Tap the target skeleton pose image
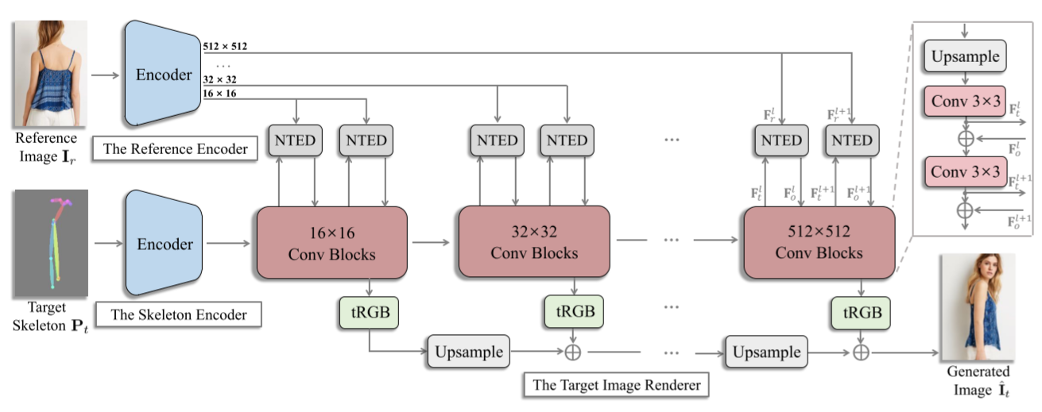(x=49, y=243)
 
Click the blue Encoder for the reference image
(x=162, y=74)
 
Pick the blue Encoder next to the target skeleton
(x=162, y=243)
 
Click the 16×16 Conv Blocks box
(x=331, y=242)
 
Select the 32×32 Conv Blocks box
(x=534, y=242)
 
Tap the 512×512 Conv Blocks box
(x=819, y=242)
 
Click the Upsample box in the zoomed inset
(x=964, y=57)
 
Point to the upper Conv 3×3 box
(x=964, y=102)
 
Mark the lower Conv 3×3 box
(x=964, y=171)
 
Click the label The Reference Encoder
(x=174, y=148)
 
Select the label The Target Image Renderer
(x=616, y=386)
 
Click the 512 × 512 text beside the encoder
(x=225, y=47)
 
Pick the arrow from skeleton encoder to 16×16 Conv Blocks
(x=226, y=243)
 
